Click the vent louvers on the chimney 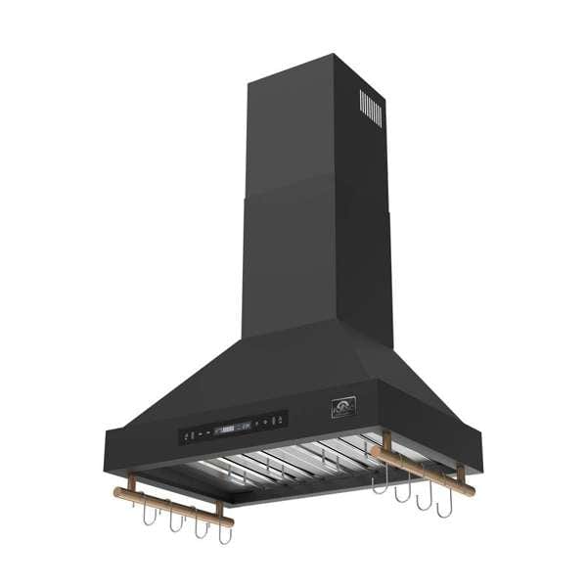pos(369,108)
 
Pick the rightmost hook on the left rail pos(225,534)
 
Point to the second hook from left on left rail pos(176,522)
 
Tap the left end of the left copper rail pos(117,492)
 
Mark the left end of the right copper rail pos(372,450)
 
